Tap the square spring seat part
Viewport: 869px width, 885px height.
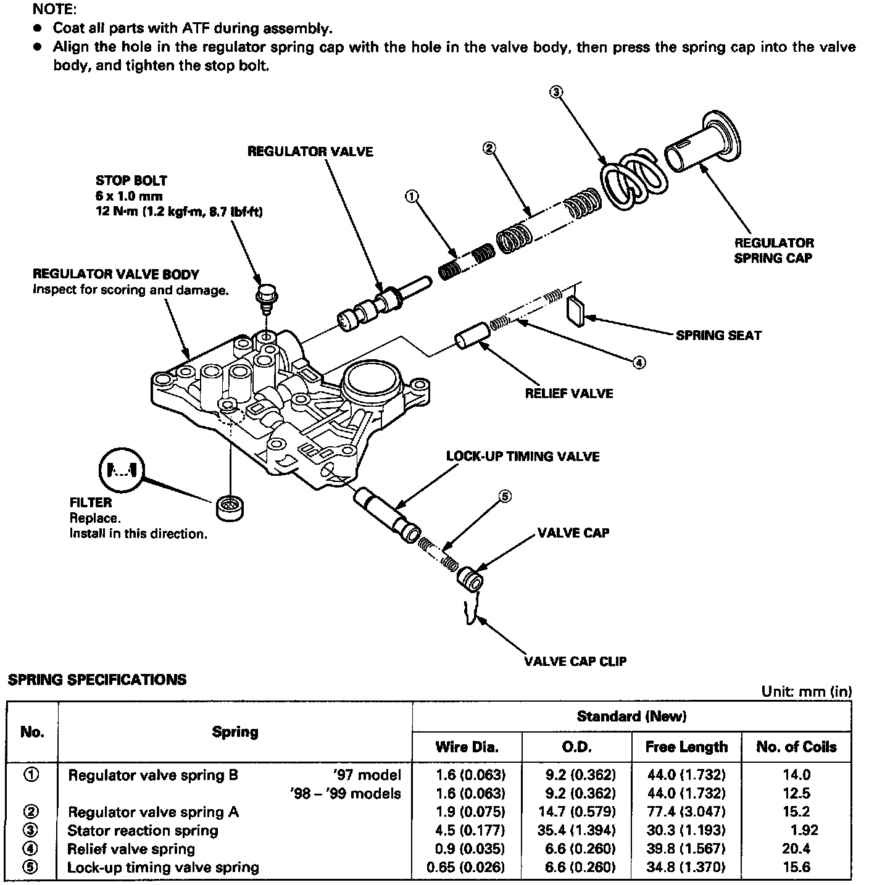pos(575,310)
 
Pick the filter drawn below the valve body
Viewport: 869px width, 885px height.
pos(230,507)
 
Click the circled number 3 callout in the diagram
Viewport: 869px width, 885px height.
pos(555,93)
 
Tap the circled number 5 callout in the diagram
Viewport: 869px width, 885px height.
pos(504,496)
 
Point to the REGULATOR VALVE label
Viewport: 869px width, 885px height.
pos(310,151)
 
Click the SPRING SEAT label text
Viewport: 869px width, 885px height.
pos(718,336)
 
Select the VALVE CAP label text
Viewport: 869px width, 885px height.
pos(573,533)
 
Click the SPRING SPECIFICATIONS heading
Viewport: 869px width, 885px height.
pos(96,680)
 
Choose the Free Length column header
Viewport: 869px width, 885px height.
pos(686,747)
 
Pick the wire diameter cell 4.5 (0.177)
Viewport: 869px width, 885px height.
pos(466,830)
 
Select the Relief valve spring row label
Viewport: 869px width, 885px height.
pos(131,849)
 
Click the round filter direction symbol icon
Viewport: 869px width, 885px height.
pos(121,472)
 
